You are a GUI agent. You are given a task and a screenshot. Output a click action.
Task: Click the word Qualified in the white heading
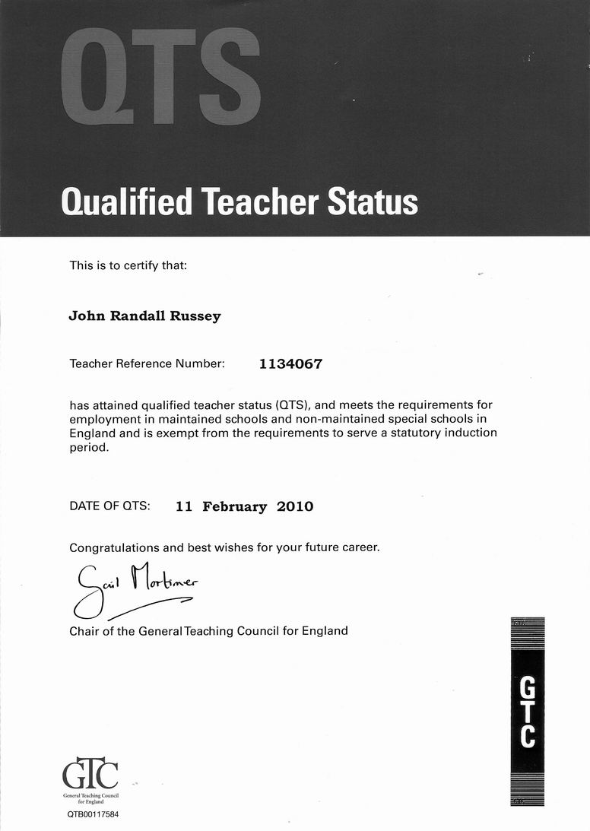tap(125, 201)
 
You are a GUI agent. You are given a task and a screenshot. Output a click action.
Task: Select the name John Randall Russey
tap(144, 316)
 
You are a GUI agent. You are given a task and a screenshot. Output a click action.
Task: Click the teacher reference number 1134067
tap(290, 364)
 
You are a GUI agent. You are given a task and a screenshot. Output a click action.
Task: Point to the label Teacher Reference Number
tap(147, 364)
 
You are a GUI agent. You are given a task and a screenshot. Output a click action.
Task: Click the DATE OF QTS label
tap(109, 506)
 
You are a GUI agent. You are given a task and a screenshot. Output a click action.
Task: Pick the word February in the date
tap(234, 506)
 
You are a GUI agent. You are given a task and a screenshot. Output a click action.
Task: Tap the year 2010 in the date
tap(295, 506)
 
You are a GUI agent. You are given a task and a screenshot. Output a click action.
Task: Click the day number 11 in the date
tap(183, 506)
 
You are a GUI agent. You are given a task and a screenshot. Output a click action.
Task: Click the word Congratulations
tap(114, 547)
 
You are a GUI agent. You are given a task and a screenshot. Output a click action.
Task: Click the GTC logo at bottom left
tap(90, 776)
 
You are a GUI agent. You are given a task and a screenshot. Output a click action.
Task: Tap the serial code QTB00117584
tap(93, 814)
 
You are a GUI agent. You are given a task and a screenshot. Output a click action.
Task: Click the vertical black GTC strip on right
tap(528, 710)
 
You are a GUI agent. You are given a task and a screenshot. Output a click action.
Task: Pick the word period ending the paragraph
tap(89, 448)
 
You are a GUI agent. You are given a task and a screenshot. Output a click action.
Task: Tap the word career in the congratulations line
tap(358, 547)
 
